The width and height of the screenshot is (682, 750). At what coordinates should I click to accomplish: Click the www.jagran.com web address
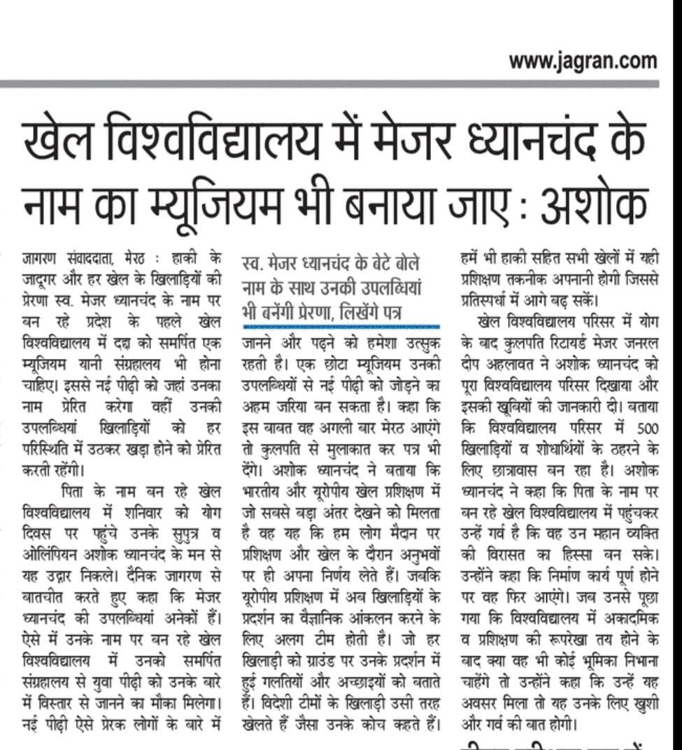[x=583, y=62]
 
